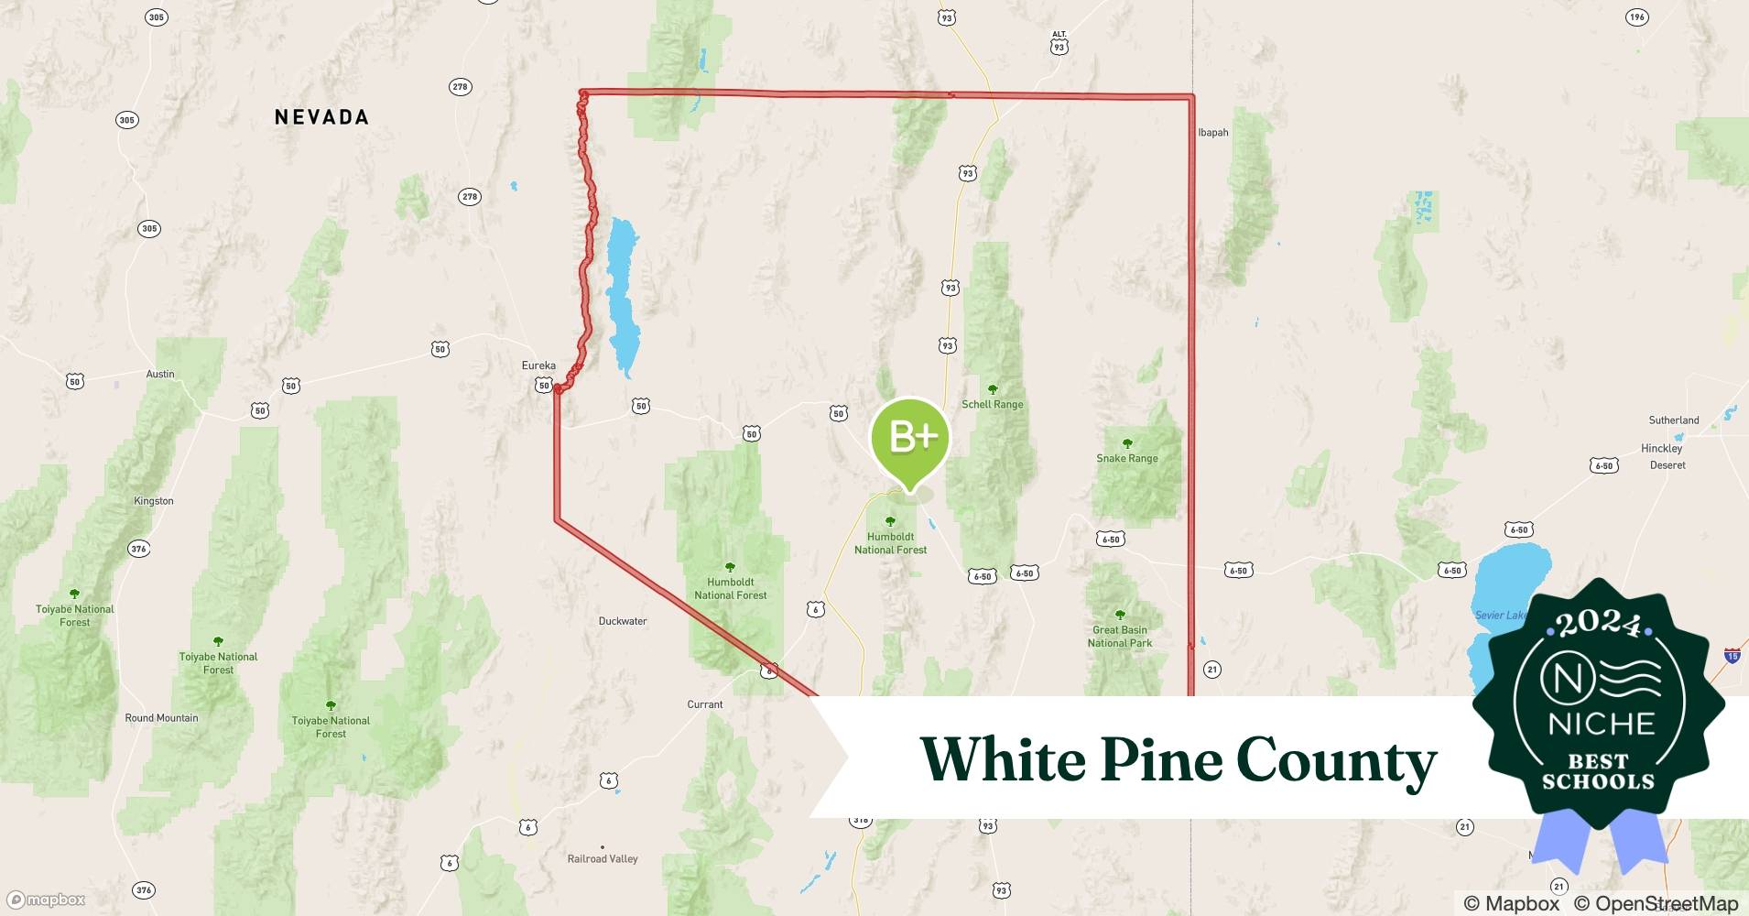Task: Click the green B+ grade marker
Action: click(910, 438)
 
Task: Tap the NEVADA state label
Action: click(321, 117)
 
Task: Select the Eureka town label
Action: click(538, 365)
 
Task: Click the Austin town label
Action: click(160, 374)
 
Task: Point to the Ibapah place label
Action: click(1213, 133)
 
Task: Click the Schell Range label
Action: click(992, 404)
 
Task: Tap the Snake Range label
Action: click(1126, 458)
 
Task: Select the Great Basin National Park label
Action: click(1119, 636)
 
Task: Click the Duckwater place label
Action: click(623, 621)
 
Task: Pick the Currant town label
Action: click(705, 704)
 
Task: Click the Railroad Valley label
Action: click(603, 858)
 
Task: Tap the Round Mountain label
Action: click(161, 718)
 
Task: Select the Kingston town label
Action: click(153, 501)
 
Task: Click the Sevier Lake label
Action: click(1500, 615)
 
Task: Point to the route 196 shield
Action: click(1636, 17)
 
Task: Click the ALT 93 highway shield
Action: click(1059, 43)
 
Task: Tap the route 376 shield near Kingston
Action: click(138, 549)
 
